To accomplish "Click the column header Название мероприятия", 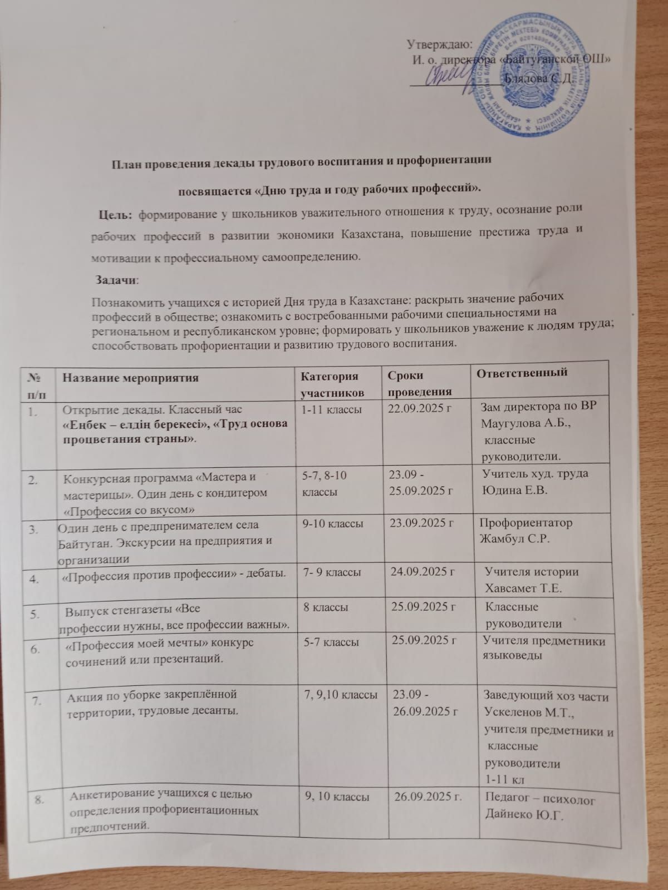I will tap(130, 378).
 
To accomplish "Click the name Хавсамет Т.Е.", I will tap(523, 588).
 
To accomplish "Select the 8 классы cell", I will tap(326, 607).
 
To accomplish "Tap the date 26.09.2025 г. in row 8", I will tap(428, 797).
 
